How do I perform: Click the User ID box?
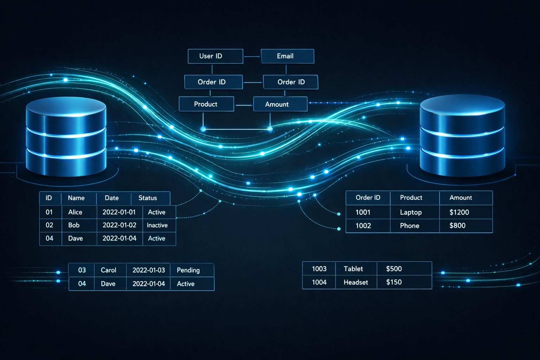(x=215, y=56)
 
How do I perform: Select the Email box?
(x=287, y=56)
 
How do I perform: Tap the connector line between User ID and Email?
(x=252, y=56)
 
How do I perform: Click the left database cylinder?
(x=66, y=137)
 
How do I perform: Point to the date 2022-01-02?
(x=119, y=225)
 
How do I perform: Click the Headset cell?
(x=356, y=282)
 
